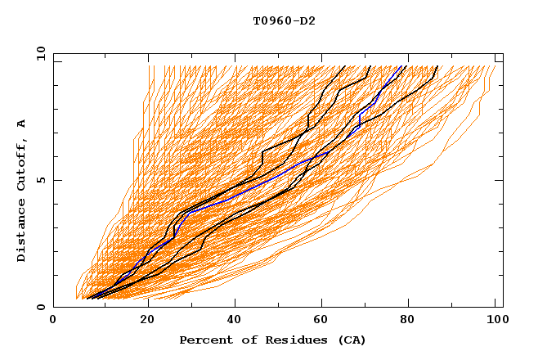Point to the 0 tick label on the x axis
[53, 322]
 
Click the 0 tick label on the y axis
[41, 308]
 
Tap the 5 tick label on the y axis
[41, 180]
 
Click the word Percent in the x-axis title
[204, 340]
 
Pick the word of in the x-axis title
[240, 340]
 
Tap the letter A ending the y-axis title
[22, 123]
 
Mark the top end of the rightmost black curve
[438, 66]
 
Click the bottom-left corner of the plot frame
[53, 307]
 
